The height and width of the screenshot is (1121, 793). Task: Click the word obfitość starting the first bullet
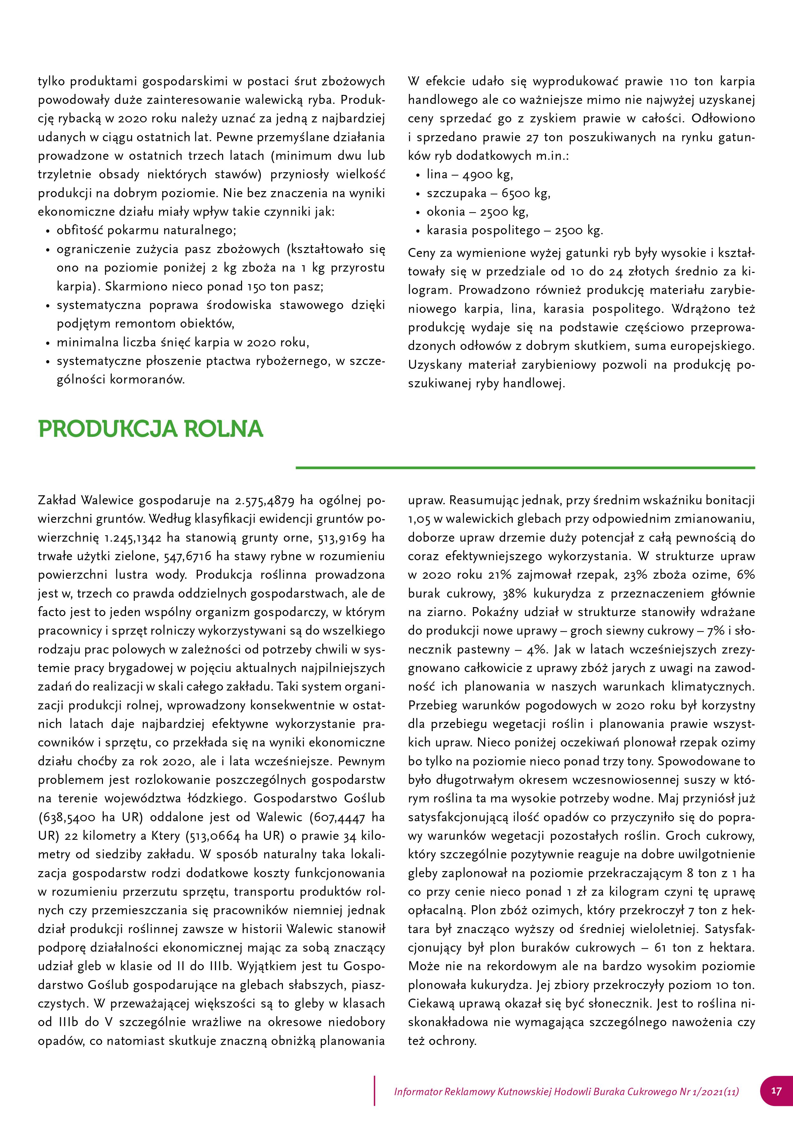click(80, 230)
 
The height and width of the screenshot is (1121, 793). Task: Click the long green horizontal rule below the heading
click(525, 468)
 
